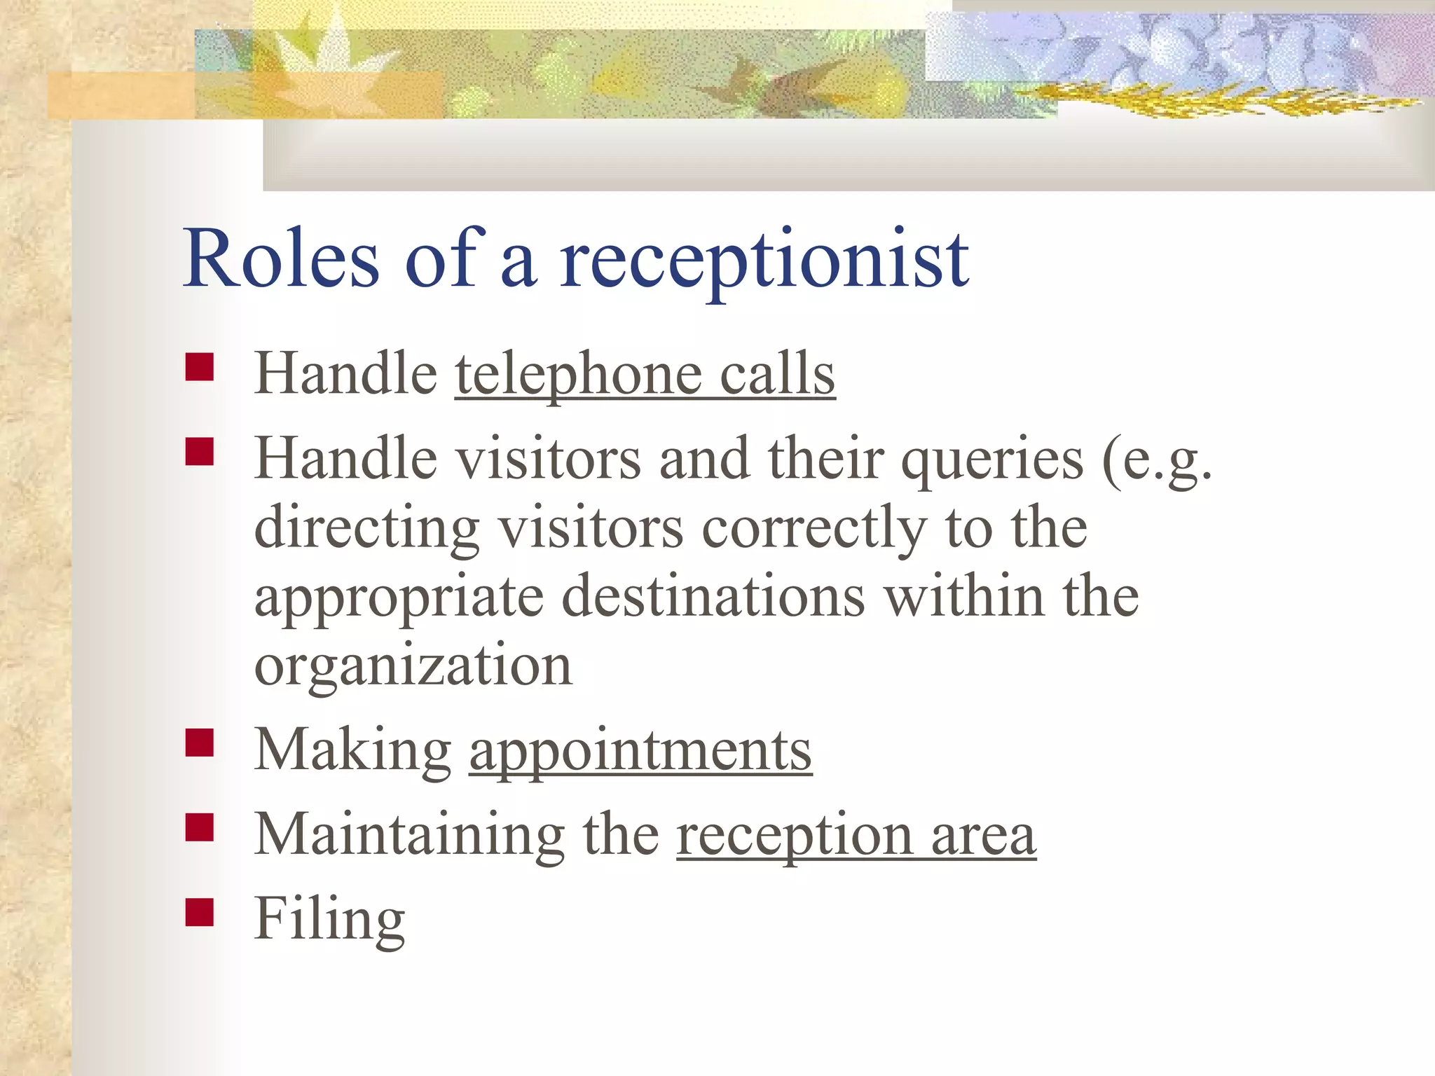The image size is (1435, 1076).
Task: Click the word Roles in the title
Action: pos(280,259)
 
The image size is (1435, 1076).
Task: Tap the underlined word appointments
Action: pos(640,751)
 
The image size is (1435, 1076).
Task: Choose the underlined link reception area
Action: pos(856,835)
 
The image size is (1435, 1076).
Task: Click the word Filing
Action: pos(329,920)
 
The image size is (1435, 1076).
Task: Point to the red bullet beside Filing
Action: pos(200,912)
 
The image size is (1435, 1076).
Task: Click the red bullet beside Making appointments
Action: pos(200,743)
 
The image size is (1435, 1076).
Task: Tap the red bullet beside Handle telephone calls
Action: pos(200,366)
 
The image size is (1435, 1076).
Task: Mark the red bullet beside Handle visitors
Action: pos(200,452)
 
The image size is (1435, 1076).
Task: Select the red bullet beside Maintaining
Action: pos(200,827)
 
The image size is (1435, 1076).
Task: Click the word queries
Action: pos(991,460)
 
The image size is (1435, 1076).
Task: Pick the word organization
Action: pos(413,665)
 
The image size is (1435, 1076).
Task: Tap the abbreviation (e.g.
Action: pos(1156,460)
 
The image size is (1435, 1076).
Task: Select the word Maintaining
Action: pos(409,835)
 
